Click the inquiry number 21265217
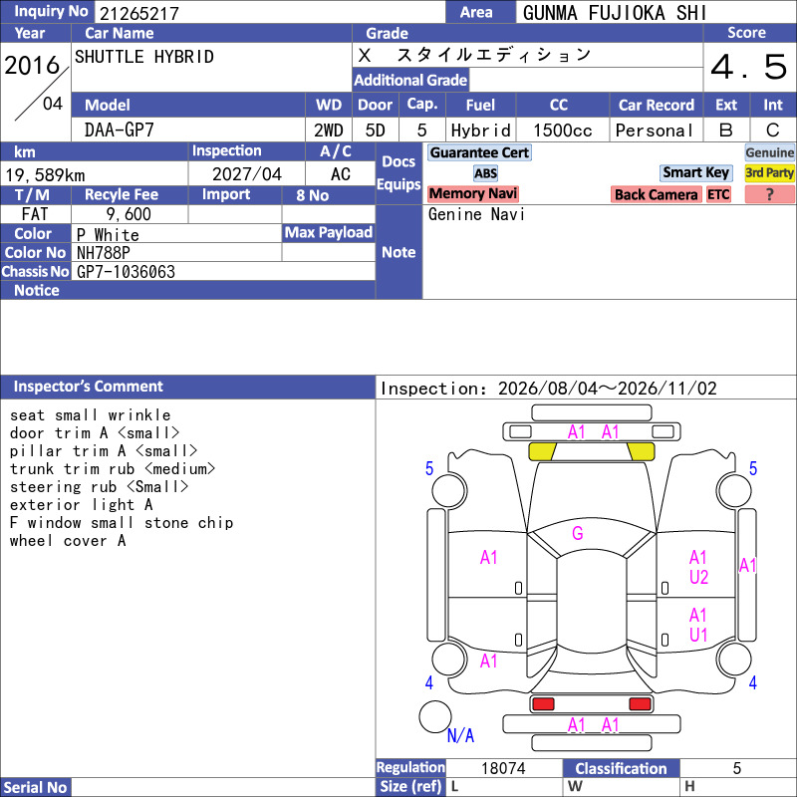[139, 13]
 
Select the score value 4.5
[749, 67]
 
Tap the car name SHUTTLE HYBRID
[144, 57]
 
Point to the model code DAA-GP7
[119, 131]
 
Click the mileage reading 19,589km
[45, 175]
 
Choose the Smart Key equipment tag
[696, 172]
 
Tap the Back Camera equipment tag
[656, 194]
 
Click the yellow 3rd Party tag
[769, 172]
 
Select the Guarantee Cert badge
[479, 152]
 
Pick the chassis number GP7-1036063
[127, 272]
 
